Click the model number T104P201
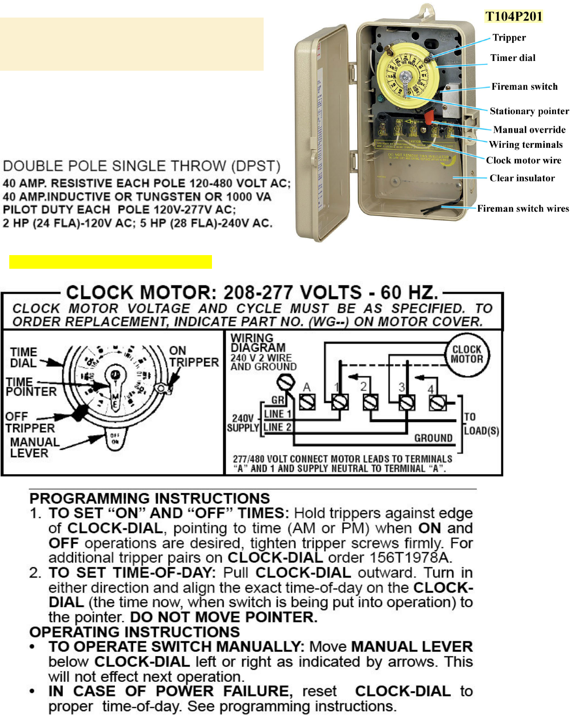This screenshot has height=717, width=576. point(514,17)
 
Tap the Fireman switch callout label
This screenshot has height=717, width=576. point(524,87)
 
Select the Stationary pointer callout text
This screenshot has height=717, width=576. point(529,111)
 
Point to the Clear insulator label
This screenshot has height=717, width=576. point(522,178)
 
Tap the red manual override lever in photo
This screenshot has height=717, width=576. point(429,117)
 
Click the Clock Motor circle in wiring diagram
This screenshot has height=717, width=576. point(467,355)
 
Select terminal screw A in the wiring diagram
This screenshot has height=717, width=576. point(307,402)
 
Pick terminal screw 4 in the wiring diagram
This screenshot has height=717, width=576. point(437,403)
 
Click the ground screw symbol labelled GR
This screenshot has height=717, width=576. point(286,382)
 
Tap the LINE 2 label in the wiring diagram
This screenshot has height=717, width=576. point(277,427)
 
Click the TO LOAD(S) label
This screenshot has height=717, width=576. point(481,424)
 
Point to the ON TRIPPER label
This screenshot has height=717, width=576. point(193,357)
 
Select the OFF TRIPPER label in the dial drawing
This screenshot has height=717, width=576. point(30,422)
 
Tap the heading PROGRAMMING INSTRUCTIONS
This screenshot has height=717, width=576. point(150,498)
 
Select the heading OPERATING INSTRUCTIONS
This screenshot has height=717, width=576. point(134,632)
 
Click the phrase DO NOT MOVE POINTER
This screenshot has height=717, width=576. point(224,617)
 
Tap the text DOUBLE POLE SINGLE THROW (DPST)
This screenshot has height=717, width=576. point(141,166)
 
